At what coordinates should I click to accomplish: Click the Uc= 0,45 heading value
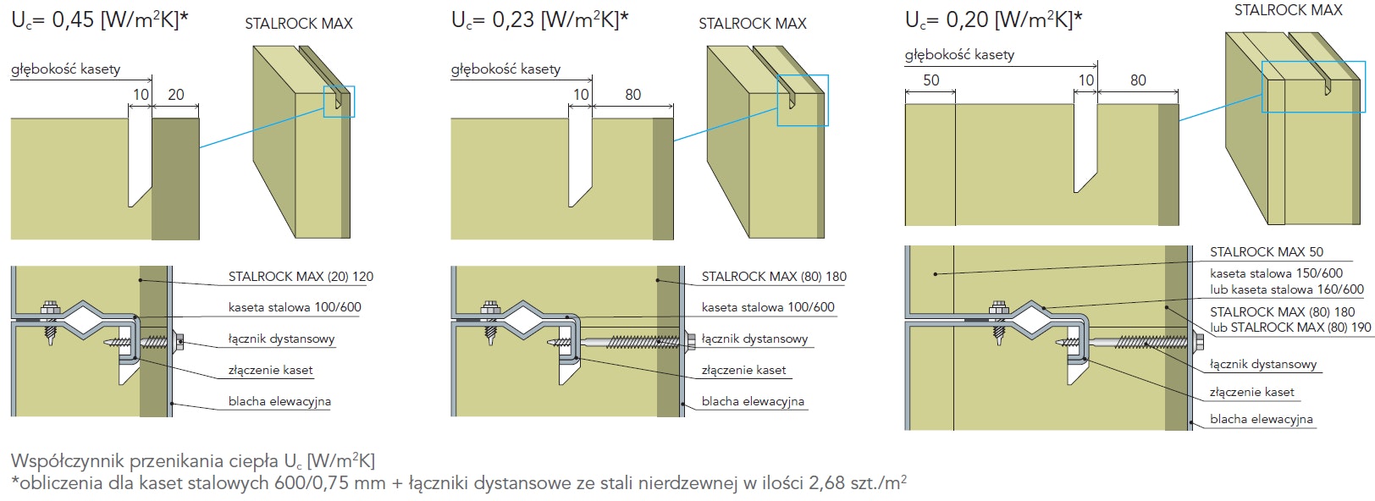tap(99, 20)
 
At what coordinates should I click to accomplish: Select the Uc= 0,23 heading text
tap(539, 20)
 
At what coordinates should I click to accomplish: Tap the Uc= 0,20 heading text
tap(993, 19)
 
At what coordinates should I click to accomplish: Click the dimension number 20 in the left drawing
tap(176, 95)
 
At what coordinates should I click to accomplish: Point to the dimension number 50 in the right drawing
tap(930, 80)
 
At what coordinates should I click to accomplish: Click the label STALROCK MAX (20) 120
tap(301, 277)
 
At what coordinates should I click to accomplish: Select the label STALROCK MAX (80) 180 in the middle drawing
tap(774, 277)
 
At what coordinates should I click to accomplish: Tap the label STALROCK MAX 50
tap(1266, 252)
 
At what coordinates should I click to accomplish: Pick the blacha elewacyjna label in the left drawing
tap(279, 401)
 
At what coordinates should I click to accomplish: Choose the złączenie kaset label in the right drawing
tap(1251, 392)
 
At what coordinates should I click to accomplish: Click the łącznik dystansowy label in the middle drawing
tap(754, 339)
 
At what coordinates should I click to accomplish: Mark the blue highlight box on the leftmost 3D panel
tap(340, 102)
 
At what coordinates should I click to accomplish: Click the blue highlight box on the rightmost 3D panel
tap(1312, 86)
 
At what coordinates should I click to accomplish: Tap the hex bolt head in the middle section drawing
tap(489, 308)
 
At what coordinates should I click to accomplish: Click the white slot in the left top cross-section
tap(140, 161)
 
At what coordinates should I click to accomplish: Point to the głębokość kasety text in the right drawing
tap(959, 55)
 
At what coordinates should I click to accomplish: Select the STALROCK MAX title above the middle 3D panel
tap(752, 24)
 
